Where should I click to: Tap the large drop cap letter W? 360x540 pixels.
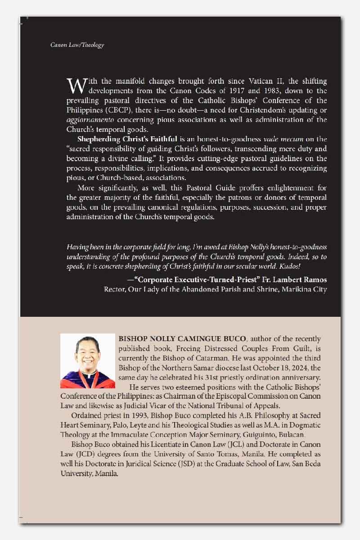73,85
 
